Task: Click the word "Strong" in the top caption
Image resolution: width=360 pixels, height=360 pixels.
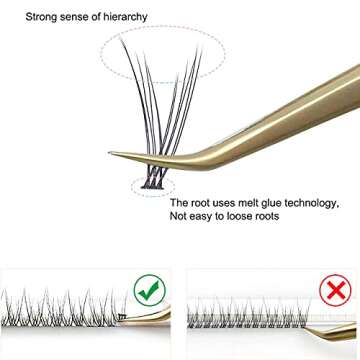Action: [45, 17]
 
